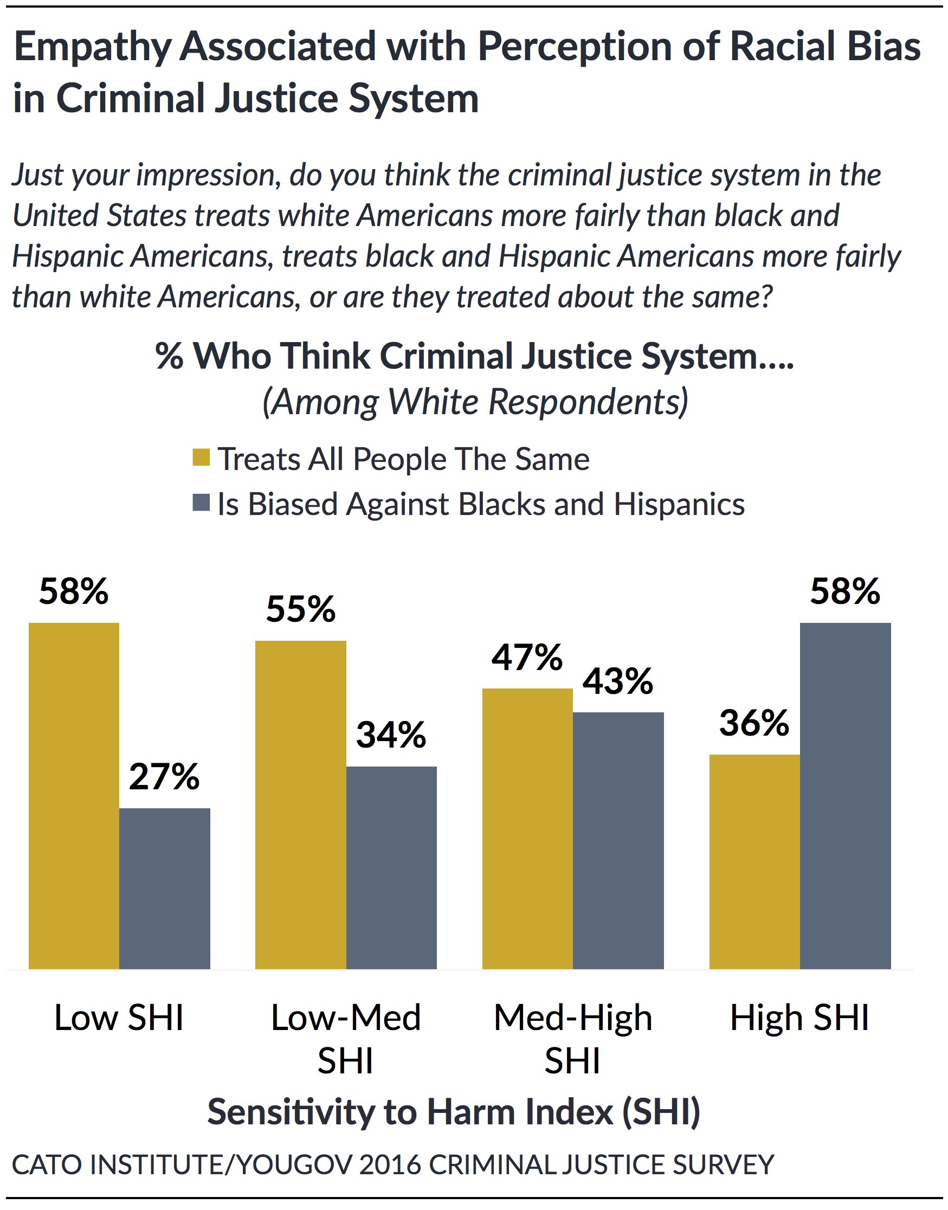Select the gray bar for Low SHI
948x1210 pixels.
(x=165, y=888)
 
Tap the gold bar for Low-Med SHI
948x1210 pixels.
(x=301, y=805)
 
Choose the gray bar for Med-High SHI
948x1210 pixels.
(x=618, y=840)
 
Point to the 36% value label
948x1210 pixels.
(x=754, y=723)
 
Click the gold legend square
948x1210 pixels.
(x=202, y=458)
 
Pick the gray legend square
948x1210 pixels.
(x=202, y=503)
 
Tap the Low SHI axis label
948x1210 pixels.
(x=119, y=1018)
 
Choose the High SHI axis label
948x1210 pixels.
(x=799, y=1018)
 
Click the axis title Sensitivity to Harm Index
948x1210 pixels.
(x=454, y=1112)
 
